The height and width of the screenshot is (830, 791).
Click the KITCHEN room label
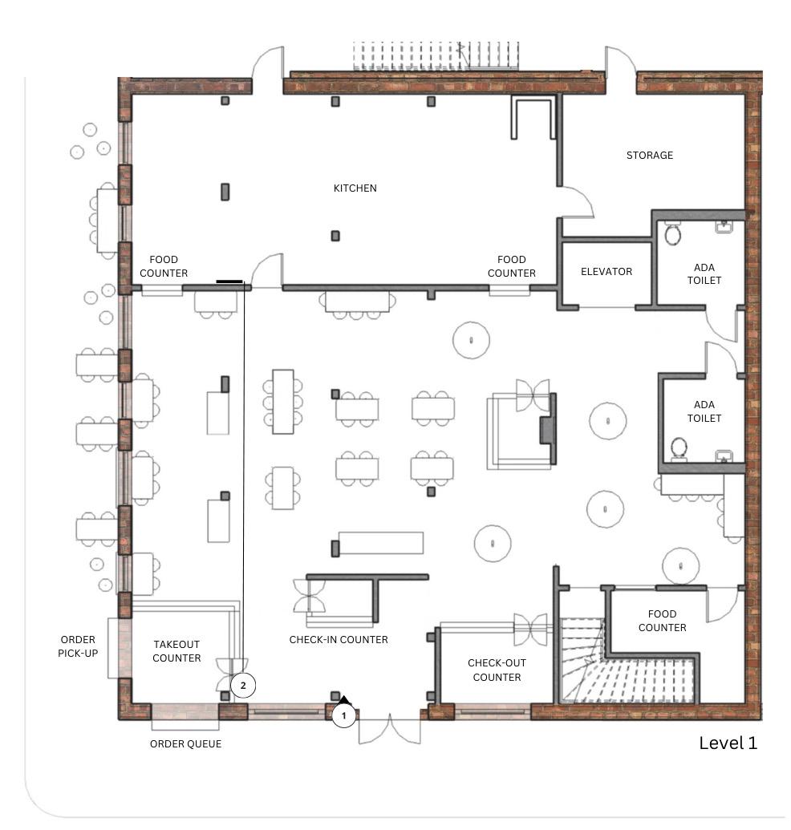(x=355, y=188)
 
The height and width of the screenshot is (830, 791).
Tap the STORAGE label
(x=650, y=155)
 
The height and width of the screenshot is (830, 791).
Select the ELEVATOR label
(x=606, y=272)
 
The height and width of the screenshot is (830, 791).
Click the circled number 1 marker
(x=343, y=715)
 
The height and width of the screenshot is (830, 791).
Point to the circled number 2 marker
(x=243, y=686)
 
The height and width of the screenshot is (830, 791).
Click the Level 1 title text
(x=728, y=743)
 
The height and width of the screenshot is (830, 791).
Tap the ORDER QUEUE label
(x=185, y=743)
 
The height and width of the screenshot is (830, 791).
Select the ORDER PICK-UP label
(x=78, y=646)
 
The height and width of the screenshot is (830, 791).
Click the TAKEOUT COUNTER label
(x=176, y=651)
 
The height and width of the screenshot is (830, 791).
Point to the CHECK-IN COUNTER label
(x=339, y=639)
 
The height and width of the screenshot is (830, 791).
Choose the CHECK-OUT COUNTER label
(x=497, y=670)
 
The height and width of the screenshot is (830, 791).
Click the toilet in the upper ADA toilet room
(x=672, y=234)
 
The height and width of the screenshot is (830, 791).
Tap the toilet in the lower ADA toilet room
(x=678, y=448)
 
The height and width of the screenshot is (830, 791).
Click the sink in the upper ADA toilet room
(x=724, y=227)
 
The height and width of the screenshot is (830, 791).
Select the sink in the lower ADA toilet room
(x=724, y=455)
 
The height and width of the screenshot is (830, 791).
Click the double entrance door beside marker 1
(x=390, y=731)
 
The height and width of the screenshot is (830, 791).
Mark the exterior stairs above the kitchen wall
(x=436, y=55)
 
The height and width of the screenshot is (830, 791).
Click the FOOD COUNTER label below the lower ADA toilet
(x=662, y=621)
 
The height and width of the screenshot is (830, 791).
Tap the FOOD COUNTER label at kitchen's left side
(x=164, y=266)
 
